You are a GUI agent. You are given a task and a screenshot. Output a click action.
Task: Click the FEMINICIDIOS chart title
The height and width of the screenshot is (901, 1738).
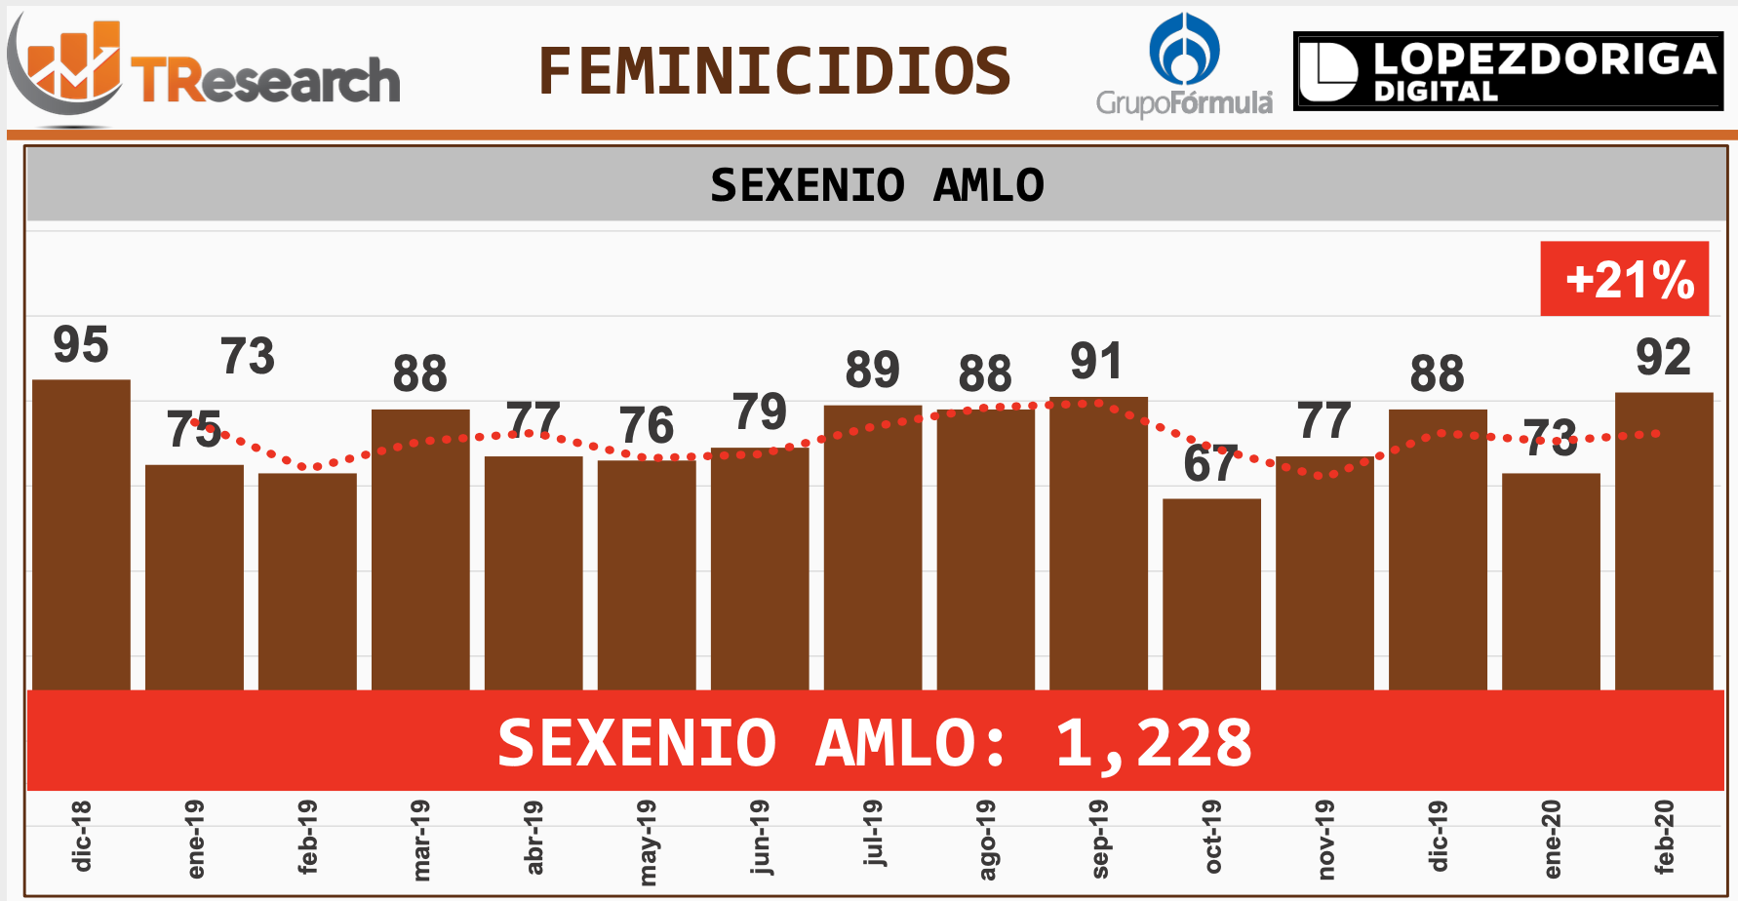click(774, 71)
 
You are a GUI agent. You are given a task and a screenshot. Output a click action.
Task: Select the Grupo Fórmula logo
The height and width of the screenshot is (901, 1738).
click(1184, 66)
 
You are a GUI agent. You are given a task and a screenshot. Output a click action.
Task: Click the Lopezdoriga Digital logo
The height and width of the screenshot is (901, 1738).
click(1508, 71)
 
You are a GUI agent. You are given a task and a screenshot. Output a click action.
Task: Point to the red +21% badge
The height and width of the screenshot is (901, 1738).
click(1624, 279)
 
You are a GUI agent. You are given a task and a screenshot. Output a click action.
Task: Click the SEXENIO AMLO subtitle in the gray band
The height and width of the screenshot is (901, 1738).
click(876, 185)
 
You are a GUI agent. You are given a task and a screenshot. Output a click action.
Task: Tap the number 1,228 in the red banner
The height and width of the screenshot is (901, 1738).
click(1153, 743)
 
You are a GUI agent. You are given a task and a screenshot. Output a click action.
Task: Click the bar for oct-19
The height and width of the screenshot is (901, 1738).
click(1211, 594)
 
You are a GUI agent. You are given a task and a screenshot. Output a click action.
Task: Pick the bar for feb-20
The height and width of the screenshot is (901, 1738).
click(1664, 541)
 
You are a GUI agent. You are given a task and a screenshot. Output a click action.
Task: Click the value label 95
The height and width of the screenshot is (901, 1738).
click(81, 345)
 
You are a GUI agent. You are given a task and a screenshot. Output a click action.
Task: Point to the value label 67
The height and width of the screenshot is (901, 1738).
click(1210, 464)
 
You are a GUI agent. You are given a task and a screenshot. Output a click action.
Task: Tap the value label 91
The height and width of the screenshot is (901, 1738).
click(1096, 362)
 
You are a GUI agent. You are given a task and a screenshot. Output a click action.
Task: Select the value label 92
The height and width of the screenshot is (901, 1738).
click(1663, 358)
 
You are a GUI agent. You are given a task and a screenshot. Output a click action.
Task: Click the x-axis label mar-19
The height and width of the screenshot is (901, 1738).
click(420, 840)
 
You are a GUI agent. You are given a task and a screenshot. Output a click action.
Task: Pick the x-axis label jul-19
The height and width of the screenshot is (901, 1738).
click(873, 833)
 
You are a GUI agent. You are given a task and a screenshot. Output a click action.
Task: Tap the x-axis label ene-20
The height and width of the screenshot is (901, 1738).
click(1552, 839)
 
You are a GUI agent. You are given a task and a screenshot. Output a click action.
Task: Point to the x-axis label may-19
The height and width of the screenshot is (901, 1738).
click(647, 842)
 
